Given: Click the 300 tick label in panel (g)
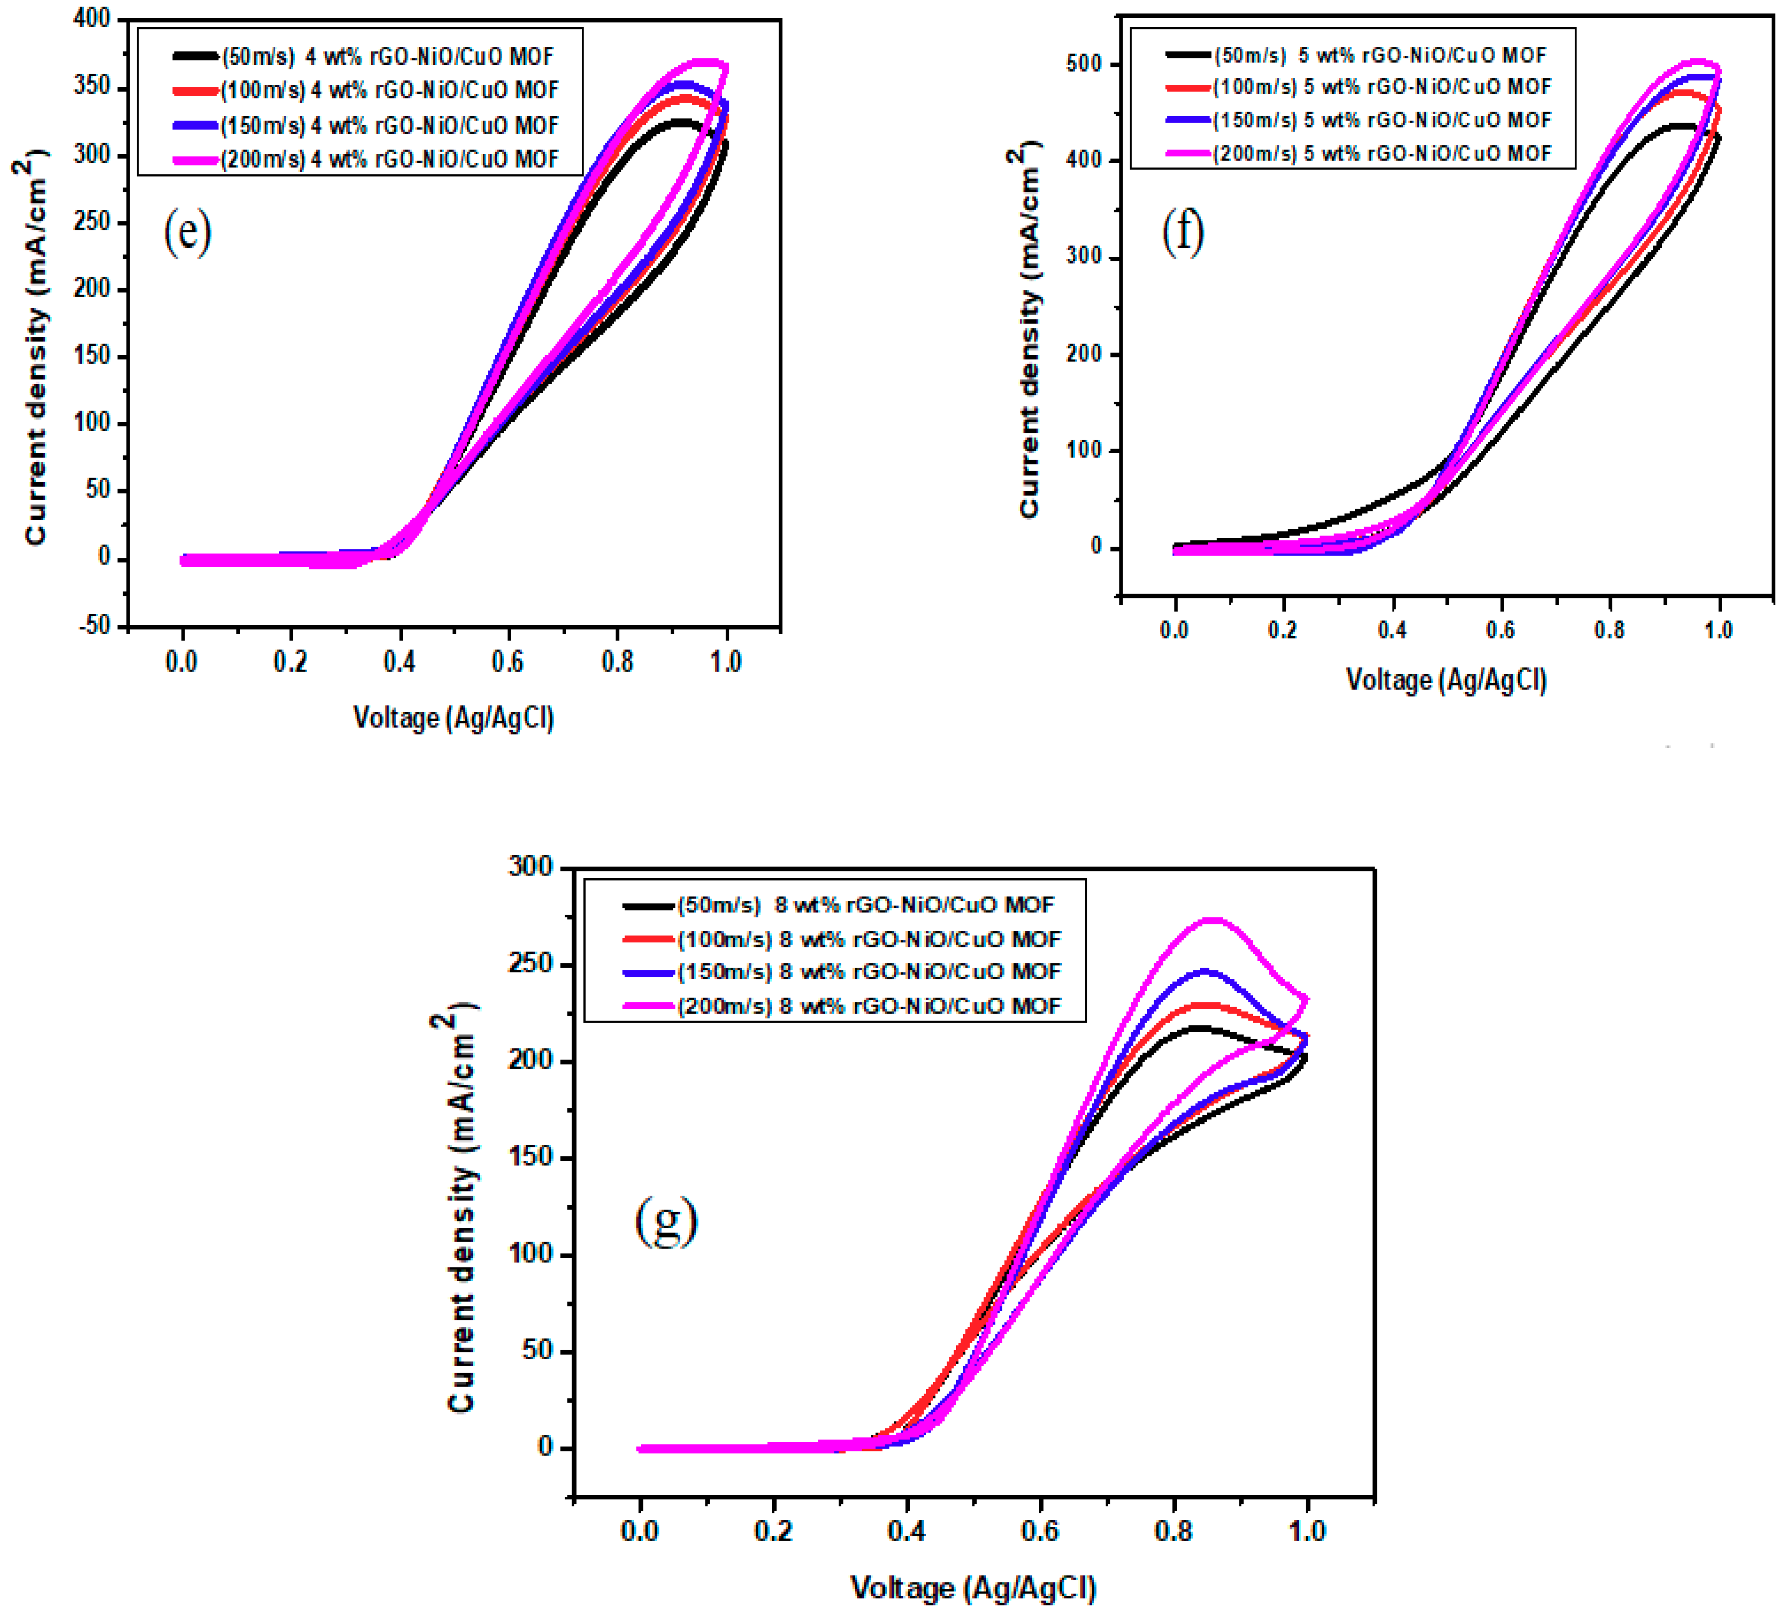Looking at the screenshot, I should coord(530,867).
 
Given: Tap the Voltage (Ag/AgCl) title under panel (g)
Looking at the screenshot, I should coord(973,1587).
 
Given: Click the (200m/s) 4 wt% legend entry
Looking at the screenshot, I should coord(390,160).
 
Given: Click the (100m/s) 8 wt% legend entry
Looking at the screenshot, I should coord(869,938).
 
